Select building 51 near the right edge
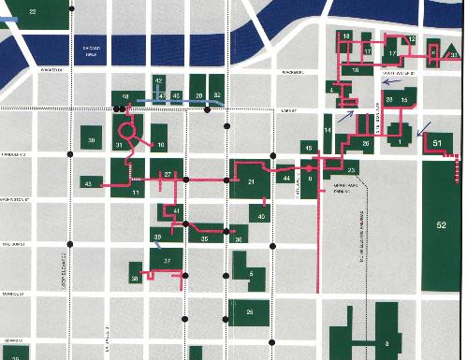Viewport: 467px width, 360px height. (x=438, y=142)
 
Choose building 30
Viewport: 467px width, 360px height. (x=92, y=138)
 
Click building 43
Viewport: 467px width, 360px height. (x=89, y=184)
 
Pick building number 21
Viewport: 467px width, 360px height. (x=251, y=180)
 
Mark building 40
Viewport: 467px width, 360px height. (x=263, y=216)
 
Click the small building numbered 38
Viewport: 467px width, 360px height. (x=136, y=277)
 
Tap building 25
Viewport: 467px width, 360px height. (x=249, y=311)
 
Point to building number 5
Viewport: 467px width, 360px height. (x=250, y=272)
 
